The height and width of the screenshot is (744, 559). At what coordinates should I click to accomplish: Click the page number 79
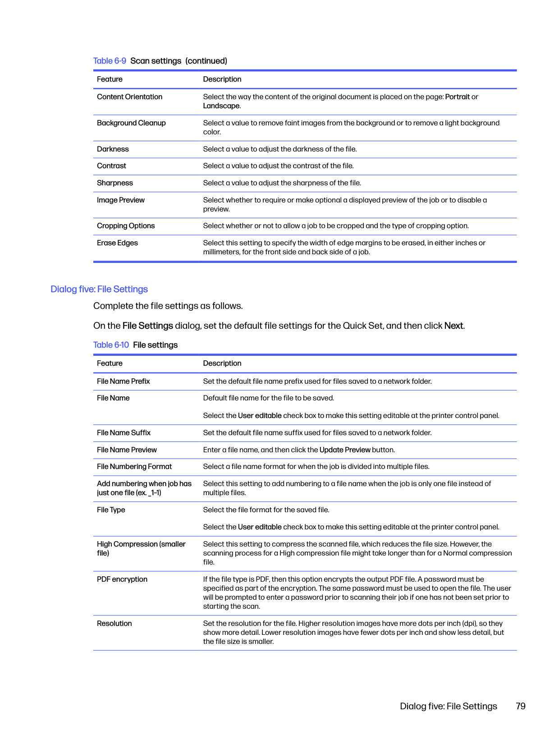pyautogui.click(x=520, y=706)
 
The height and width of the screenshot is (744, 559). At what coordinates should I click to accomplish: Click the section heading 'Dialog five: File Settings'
pyautogui.click(x=99, y=289)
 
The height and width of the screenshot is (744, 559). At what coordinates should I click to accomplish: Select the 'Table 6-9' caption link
pyautogui.click(x=110, y=61)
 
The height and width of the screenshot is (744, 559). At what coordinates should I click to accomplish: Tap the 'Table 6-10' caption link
pyautogui.click(x=111, y=345)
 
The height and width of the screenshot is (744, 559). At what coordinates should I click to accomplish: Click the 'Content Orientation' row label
pyautogui.click(x=129, y=97)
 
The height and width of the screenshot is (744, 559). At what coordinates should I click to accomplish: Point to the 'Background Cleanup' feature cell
pyautogui.click(x=131, y=123)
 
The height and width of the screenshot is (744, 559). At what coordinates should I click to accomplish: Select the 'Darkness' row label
pyautogui.click(x=113, y=149)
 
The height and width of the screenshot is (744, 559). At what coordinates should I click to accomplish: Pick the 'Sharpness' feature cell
pyautogui.click(x=115, y=183)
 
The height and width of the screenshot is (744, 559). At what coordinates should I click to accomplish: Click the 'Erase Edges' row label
pyautogui.click(x=117, y=243)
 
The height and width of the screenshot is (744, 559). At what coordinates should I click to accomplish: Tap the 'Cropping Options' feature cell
pyautogui.click(x=126, y=226)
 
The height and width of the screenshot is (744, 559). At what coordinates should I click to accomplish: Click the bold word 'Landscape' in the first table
pyautogui.click(x=221, y=106)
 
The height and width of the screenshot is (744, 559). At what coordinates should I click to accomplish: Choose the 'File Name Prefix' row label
pyautogui.click(x=123, y=381)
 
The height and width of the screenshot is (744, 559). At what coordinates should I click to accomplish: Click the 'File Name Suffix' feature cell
pyautogui.click(x=124, y=433)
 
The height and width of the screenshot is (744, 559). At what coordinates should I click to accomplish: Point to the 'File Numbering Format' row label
pyautogui.click(x=134, y=467)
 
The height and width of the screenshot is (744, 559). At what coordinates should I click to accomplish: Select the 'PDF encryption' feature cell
pyautogui.click(x=122, y=579)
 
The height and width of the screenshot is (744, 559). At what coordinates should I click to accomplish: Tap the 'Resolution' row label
pyautogui.click(x=115, y=624)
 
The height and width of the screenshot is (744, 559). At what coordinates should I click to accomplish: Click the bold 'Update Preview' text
pyautogui.click(x=345, y=450)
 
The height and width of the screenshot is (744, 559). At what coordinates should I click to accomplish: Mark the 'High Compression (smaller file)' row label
pyautogui.click(x=141, y=549)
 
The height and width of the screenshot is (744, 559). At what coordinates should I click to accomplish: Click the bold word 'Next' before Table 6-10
pyautogui.click(x=454, y=326)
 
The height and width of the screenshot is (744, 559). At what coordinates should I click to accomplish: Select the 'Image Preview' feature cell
pyautogui.click(x=121, y=200)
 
